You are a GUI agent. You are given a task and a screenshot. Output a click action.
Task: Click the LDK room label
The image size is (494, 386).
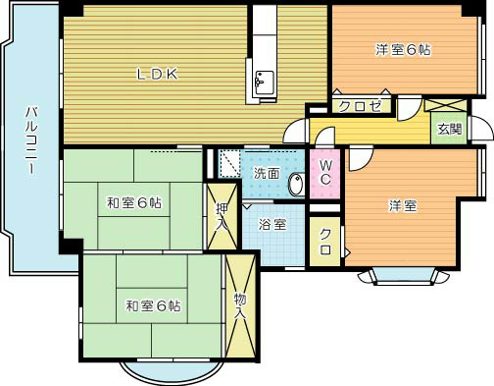pos(156,73)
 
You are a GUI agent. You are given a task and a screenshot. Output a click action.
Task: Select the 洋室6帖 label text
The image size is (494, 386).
pos(403,48)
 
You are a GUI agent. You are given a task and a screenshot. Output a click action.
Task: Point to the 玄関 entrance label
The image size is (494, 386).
pos(450,130)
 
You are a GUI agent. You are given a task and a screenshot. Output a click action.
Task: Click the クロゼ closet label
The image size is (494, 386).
pos(360,107)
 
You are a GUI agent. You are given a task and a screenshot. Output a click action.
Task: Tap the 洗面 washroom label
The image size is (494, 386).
pos(267,174)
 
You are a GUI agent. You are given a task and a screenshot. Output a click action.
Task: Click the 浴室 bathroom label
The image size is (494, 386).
pos(272,224)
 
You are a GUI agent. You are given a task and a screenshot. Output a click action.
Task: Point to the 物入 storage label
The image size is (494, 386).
pos(239,306)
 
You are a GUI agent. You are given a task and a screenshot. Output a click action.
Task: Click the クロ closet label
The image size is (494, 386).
pos(324,244)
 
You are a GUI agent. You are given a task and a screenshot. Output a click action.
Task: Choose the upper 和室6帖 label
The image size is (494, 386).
pos(134,203)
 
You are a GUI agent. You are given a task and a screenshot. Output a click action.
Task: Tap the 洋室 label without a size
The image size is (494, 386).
pos(402,205)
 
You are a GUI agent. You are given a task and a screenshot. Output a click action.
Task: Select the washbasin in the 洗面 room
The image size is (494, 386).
pos(296,182)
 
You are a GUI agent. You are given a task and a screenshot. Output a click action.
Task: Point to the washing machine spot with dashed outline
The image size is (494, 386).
pos(228,163)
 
